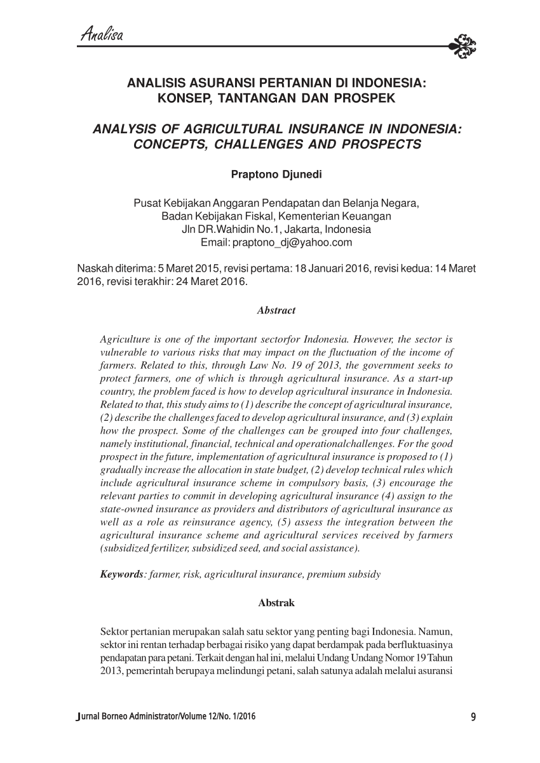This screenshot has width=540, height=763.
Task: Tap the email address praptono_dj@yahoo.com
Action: pyautogui.click(x=293, y=242)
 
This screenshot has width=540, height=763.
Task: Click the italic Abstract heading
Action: pyautogui.click(x=276, y=310)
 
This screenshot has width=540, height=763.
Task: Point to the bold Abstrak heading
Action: pyautogui.click(x=276, y=603)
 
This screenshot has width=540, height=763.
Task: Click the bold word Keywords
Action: pyautogui.click(x=121, y=574)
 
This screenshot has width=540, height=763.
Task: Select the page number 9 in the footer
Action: pyautogui.click(x=473, y=718)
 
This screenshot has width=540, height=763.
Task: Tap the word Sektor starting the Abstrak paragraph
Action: pyautogui.click(x=114, y=632)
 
